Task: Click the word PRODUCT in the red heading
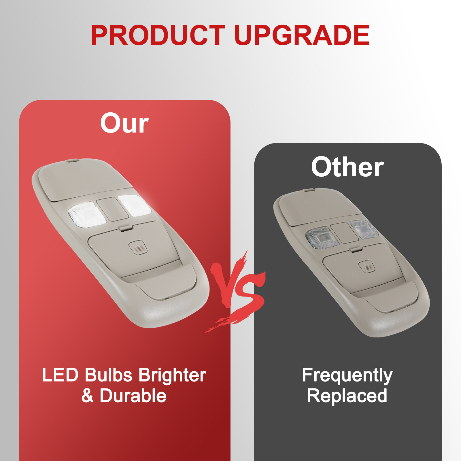click(x=158, y=35)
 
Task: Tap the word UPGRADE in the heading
click(x=302, y=35)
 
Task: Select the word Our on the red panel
click(x=124, y=123)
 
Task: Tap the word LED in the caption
click(x=60, y=375)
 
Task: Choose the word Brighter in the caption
click(x=172, y=375)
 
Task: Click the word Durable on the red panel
click(x=133, y=396)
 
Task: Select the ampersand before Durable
click(x=87, y=396)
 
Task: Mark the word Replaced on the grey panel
click(x=347, y=396)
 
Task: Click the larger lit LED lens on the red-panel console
click(x=87, y=214)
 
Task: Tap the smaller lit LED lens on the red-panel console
click(x=134, y=205)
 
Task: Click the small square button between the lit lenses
click(x=112, y=209)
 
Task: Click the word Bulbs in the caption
click(x=108, y=375)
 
